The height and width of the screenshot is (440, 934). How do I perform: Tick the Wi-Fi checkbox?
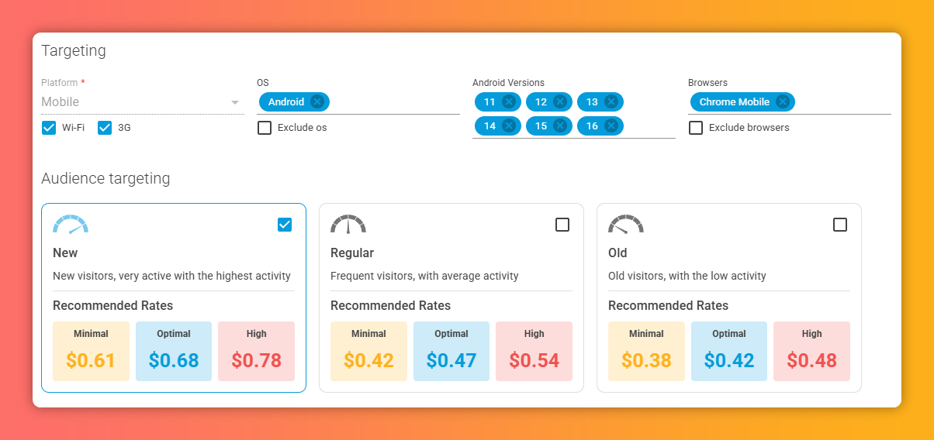click(49, 128)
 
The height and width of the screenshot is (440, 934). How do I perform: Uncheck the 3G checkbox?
click(105, 128)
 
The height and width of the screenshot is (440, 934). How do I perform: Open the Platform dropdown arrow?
click(235, 102)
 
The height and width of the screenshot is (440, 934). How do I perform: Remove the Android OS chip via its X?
click(317, 102)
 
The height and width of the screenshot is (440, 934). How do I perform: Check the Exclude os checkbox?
click(265, 128)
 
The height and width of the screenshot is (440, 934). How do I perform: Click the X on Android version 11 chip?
click(509, 102)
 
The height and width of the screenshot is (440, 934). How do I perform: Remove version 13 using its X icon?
click(611, 102)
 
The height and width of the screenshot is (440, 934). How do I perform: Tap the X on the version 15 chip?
click(560, 126)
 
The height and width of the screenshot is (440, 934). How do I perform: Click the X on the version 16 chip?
click(611, 126)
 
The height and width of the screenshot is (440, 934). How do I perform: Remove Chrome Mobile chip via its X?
click(783, 102)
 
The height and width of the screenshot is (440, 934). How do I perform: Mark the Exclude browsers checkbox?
click(696, 128)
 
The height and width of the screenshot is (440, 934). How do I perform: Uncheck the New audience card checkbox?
click(285, 225)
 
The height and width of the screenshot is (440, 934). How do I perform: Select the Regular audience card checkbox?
click(562, 225)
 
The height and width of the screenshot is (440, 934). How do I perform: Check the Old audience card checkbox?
click(840, 225)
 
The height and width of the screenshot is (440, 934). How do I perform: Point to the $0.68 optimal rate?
click(174, 360)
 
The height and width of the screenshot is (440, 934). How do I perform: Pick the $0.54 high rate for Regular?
click(534, 360)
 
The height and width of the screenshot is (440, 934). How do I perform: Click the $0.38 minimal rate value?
click(646, 360)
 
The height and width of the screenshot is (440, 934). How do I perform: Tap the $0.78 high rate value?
click(257, 360)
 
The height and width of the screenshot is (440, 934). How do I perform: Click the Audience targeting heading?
click(106, 179)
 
